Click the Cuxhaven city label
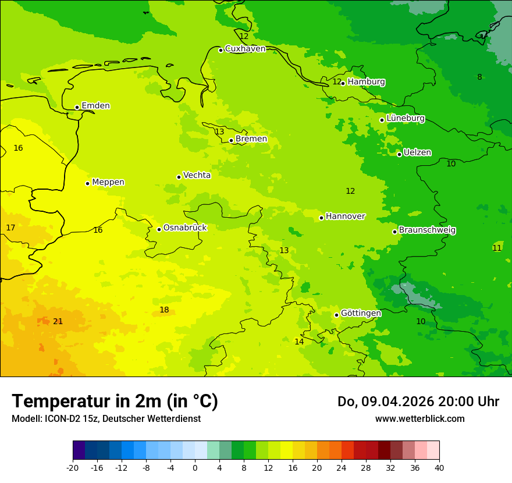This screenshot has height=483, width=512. click(245, 49)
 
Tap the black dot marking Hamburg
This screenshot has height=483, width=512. click(343, 83)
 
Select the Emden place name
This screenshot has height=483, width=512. click(95, 106)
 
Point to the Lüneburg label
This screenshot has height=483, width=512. click(406, 118)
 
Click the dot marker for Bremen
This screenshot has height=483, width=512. click(231, 140)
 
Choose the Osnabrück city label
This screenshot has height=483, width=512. click(185, 228)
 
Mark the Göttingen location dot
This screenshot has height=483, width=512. click(336, 315)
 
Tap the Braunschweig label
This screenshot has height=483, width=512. click(427, 230)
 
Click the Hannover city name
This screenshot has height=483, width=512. click(345, 216)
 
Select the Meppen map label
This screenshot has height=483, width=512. click(108, 182)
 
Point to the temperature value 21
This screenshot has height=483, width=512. click(58, 322)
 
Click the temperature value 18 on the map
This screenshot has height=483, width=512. click(164, 310)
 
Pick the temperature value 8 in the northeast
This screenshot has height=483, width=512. click(479, 77)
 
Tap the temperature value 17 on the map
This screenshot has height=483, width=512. click(10, 228)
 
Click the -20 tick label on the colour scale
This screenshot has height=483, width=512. click(73, 467)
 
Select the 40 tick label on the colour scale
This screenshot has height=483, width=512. click(439, 467)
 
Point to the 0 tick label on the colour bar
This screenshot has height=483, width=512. click(195, 467)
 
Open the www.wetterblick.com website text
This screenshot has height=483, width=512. click(419, 419)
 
